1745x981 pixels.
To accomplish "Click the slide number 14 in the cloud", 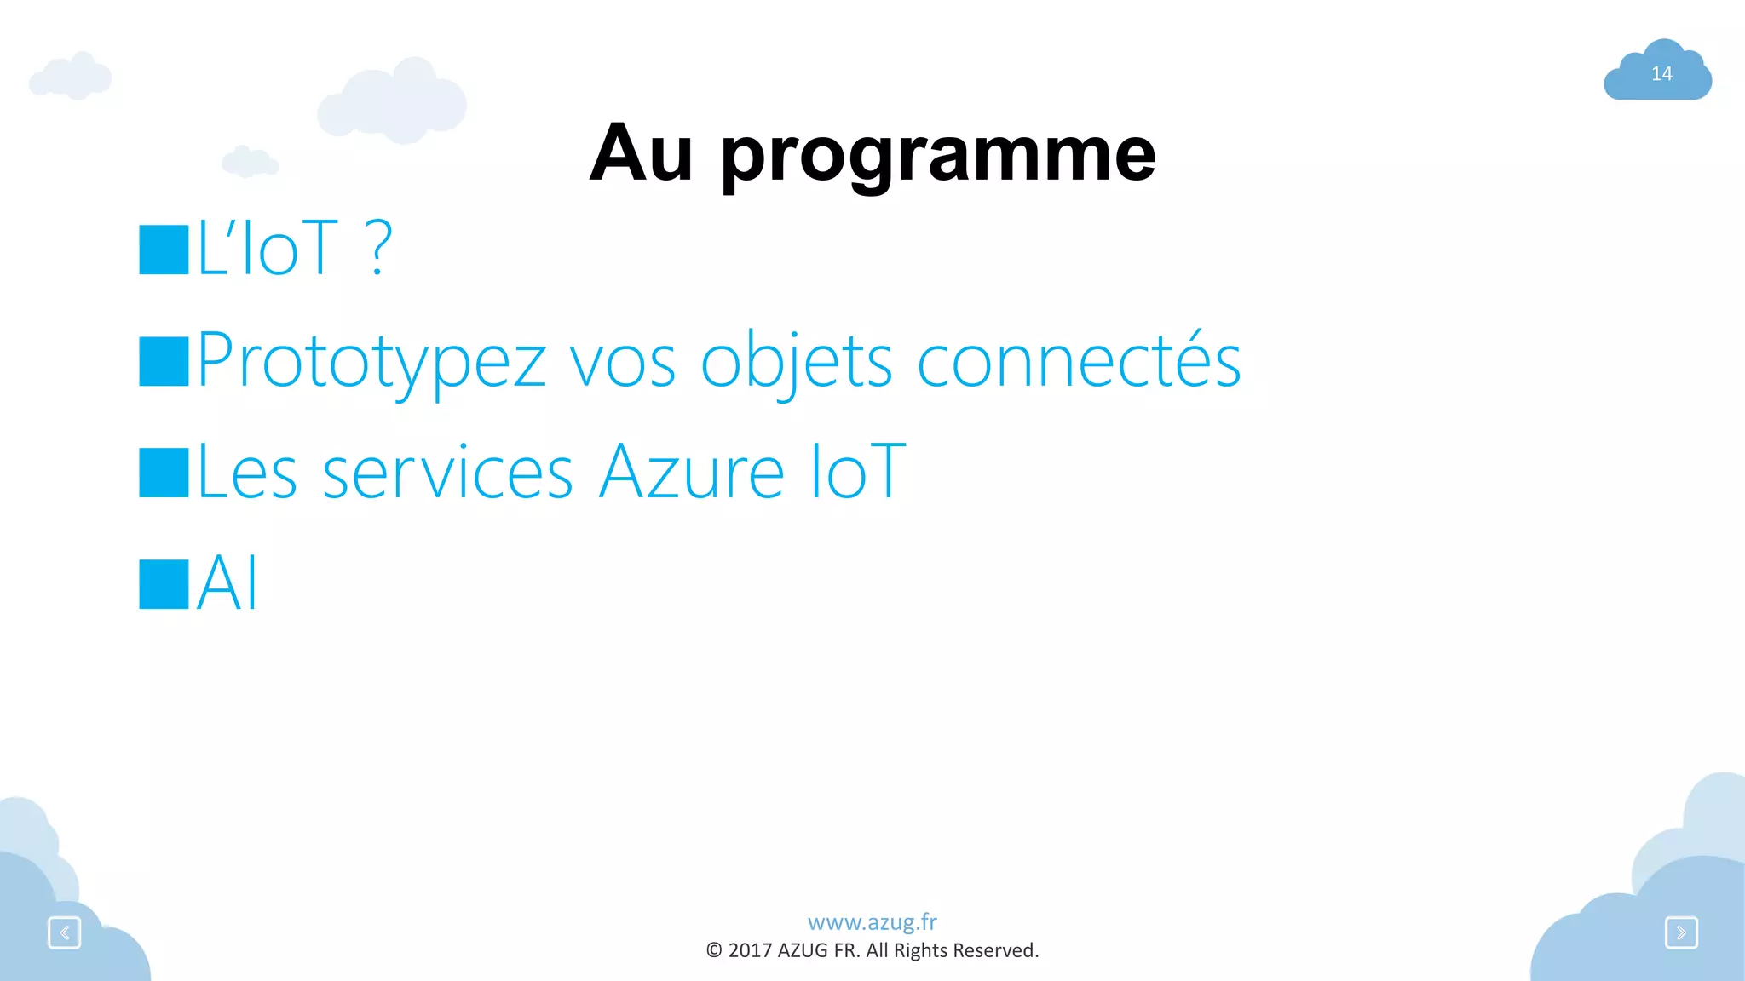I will point(1661,74).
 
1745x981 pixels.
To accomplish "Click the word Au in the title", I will point(640,153).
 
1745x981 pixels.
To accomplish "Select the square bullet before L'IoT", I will point(164,250).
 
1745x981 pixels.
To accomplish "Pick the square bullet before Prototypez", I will point(164,361).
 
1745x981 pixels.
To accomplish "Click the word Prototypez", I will point(371,361).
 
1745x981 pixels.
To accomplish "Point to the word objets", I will point(796,361).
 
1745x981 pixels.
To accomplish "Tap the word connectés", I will point(1078,361).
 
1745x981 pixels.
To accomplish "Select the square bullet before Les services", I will point(164,473).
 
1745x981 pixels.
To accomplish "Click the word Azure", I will point(690,473).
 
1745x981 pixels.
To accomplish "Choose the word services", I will point(447,473).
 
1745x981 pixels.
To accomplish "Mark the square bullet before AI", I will point(164,584).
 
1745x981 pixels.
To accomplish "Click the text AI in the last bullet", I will point(227,584).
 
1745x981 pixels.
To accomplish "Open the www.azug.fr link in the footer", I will point(872,922).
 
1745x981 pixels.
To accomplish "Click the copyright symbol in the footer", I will point(714,950).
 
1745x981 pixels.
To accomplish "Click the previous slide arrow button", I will point(65,932).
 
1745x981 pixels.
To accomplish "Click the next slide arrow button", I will point(1681,932).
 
